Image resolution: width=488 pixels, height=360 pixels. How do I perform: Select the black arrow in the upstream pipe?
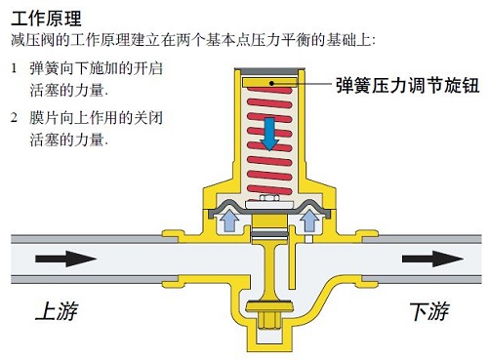click(x=66, y=260)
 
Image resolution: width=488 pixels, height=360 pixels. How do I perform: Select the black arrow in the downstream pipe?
click(x=433, y=260)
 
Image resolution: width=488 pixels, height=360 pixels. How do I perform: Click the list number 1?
click(x=14, y=69)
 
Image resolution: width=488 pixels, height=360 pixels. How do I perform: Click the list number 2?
click(x=14, y=117)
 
